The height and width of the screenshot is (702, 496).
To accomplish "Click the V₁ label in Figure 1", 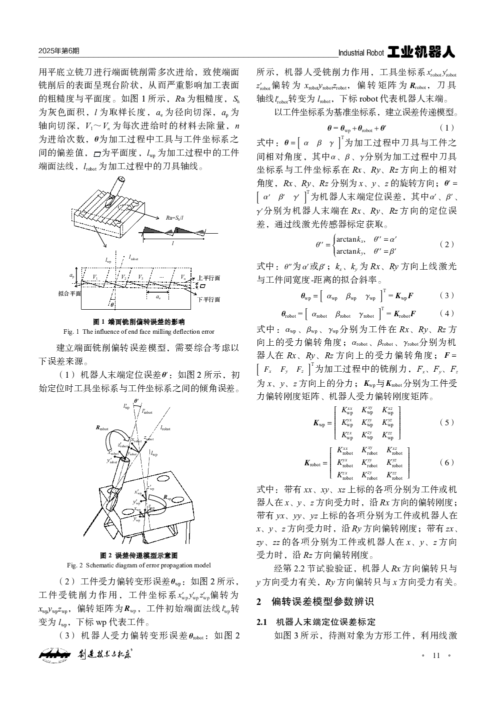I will pyautogui.click(x=95, y=277).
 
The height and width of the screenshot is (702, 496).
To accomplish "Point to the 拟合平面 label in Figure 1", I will pyautogui.click(x=69, y=294).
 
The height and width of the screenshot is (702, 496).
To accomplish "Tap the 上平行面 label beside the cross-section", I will pyautogui.click(x=209, y=278).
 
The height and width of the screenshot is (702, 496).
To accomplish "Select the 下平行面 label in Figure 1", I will pyautogui.click(x=209, y=299).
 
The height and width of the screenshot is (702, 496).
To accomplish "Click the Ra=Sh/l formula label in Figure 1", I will pyautogui.click(x=174, y=218).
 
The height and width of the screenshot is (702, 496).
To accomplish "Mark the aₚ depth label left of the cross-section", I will pyautogui.click(x=72, y=276).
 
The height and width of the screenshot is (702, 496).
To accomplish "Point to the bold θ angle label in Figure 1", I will pyautogui.click(x=112, y=304).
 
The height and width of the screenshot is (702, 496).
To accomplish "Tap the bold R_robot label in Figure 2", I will pyautogui.click(x=102, y=428).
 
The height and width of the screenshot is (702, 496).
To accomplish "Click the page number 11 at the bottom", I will pyautogui.click(x=436, y=655).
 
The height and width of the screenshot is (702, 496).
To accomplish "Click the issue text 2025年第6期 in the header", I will pyautogui.click(x=58, y=52).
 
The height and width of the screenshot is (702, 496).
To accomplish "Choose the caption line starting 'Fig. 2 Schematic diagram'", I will pyautogui.click(x=139, y=565).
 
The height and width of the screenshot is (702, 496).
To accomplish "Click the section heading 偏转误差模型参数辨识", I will pyautogui.click(x=322, y=601).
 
